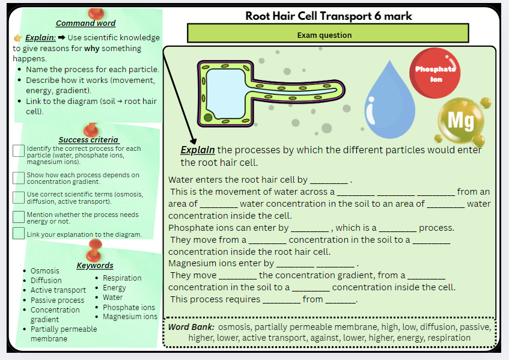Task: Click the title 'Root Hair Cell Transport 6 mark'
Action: click(x=329, y=16)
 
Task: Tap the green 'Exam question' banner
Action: click(x=328, y=34)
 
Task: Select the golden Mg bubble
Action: click(x=461, y=121)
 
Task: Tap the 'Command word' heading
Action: click(x=85, y=23)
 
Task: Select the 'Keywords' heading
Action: click(x=94, y=265)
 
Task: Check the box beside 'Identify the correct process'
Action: click(x=19, y=151)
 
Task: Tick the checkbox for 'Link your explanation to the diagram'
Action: click(x=19, y=233)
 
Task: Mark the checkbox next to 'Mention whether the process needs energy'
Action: click(x=19, y=216)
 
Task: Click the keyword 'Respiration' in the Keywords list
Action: click(x=122, y=278)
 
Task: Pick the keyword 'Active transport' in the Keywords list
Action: click(x=58, y=290)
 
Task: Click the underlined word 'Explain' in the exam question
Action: click(x=198, y=150)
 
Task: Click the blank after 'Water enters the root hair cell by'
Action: click(x=329, y=180)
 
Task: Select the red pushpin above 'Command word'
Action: click(x=95, y=13)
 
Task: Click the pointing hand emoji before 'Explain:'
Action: click(x=18, y=37)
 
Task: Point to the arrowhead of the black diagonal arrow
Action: click(x=192, y=142)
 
